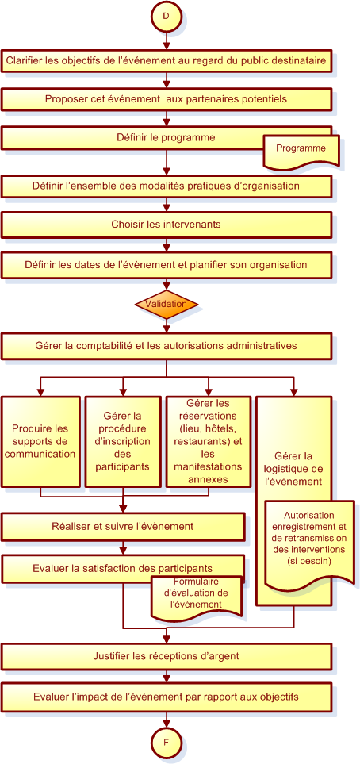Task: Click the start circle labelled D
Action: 166,16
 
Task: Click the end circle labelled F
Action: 166,743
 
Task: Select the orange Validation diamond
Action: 167,304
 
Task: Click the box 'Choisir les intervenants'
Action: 166,225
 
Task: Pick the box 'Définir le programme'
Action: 166,138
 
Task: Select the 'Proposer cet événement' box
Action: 166,99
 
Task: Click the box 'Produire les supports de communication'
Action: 40,441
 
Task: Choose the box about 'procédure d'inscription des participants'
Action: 123,441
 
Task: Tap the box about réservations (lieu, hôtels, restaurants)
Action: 208,441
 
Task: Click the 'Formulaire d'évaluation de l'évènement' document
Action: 197,594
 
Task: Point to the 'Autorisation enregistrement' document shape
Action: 308,544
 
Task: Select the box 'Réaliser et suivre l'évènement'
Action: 123,527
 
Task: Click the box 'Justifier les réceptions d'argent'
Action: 166,656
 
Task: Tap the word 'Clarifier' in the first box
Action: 23,61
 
